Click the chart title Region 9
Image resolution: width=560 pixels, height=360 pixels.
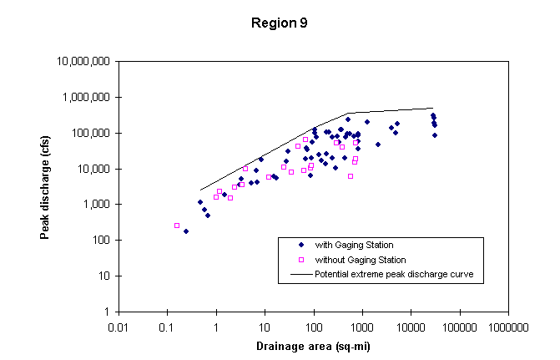click(x=280, y=23)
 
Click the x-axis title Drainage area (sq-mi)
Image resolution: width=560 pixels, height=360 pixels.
click(x=312, y=346)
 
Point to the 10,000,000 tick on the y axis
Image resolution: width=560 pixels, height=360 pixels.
click(x=85, y=62)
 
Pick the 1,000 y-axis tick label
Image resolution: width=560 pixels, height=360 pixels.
click(x=98, y=205)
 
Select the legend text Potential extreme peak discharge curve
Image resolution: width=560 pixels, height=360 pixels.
click(x=394, y=274)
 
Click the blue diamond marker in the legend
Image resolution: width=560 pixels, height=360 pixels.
click(x=300, y=245)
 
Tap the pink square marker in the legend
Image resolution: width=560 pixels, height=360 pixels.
click(x=300, y=260)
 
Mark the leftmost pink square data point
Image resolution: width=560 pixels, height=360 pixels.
click(x=177, y=226)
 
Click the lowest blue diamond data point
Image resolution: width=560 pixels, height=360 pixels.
click(x=186, y=231)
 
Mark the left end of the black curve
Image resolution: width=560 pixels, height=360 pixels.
click(x=200, y=190)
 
